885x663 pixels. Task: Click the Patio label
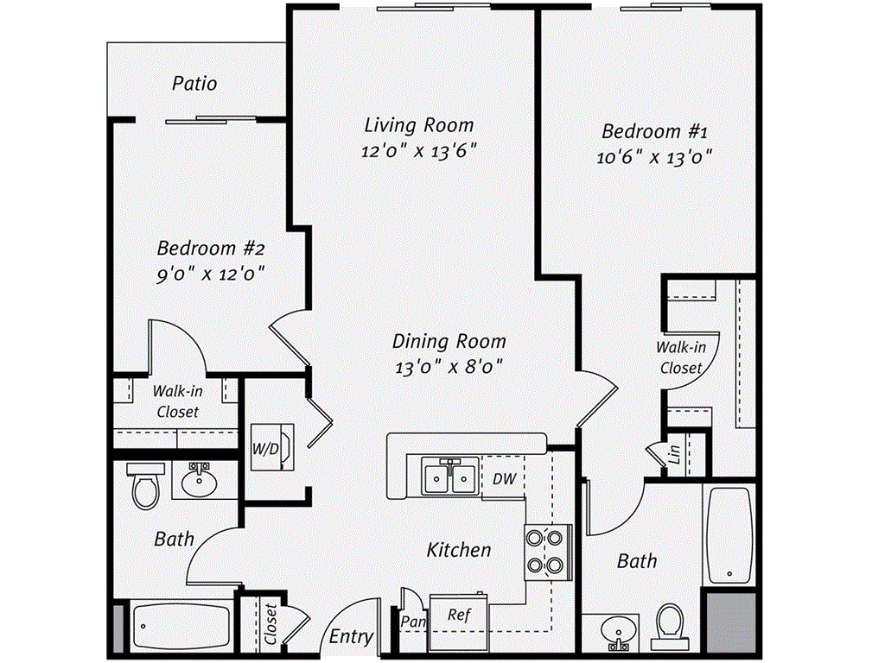(194, 84)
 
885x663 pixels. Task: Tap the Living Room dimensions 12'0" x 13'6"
(419, 150)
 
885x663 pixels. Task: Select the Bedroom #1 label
(655, 132)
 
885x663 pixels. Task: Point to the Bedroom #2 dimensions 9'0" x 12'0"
(210, 274)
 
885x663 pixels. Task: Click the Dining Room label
(449, 341)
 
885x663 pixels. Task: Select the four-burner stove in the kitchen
(546, 552)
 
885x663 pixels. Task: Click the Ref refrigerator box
(459, 616)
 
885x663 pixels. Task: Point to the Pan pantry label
(412, 620)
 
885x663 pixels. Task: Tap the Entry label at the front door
(352, 637)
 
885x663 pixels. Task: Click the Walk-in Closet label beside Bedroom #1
(681, 357)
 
